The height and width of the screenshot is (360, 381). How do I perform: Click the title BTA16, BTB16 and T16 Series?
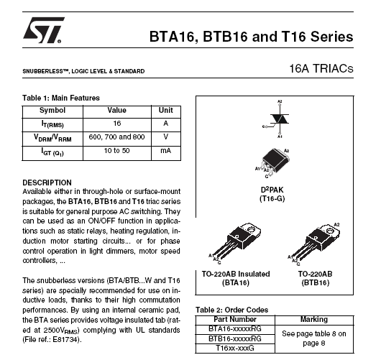252,37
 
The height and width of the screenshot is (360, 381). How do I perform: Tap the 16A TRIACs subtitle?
321,68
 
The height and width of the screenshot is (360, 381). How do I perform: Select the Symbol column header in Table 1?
52,110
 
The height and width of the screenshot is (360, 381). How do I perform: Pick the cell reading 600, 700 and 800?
116,137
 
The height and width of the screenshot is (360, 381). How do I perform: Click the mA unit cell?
166,151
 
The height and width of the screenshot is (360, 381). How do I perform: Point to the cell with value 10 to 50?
116,151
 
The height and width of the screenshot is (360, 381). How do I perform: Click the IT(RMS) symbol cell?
52,124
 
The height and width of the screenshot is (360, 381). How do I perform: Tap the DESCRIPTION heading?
47,183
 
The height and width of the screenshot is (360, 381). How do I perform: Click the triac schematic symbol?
277,119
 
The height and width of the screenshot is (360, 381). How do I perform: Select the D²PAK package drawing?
273,163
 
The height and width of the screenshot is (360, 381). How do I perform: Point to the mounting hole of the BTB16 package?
330,229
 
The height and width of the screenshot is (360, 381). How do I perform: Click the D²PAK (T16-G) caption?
272,194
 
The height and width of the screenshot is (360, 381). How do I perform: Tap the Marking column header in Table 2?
314,319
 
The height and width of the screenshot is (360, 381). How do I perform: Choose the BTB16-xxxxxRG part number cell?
235,338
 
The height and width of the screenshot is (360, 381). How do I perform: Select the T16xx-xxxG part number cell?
235,348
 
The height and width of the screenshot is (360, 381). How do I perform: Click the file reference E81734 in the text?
65,339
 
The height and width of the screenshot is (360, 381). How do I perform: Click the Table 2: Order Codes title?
232,310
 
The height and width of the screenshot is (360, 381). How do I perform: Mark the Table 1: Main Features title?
61,98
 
